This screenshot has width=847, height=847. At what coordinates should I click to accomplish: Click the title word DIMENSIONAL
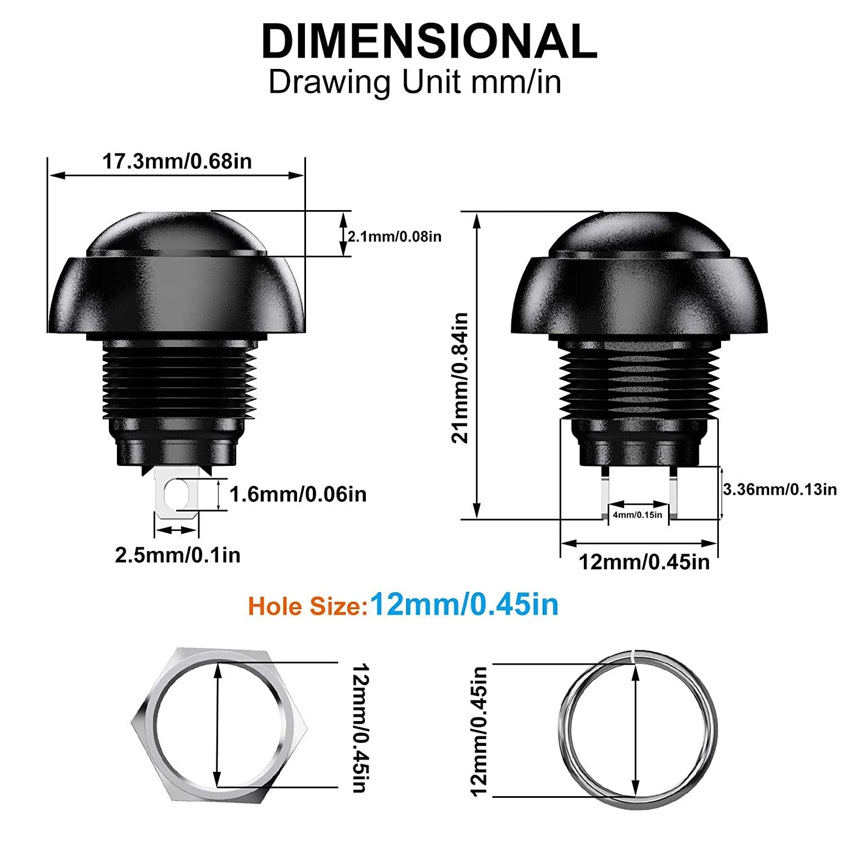429,41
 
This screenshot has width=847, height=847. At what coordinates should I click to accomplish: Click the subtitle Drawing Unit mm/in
415,82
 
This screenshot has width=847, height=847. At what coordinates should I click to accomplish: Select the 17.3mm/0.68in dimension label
177,161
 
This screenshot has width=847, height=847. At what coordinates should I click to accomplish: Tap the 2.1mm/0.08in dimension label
394,236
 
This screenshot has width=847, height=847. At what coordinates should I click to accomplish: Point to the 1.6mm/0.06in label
298,495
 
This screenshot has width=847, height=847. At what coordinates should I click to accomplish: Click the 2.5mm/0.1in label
178,555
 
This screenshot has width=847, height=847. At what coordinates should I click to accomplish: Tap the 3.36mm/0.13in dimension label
780,489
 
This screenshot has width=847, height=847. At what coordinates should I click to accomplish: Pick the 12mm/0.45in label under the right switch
644,562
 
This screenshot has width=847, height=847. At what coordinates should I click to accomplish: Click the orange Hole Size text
304,606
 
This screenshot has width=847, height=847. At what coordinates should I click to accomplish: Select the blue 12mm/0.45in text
464,605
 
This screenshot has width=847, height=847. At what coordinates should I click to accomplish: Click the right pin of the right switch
673,491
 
